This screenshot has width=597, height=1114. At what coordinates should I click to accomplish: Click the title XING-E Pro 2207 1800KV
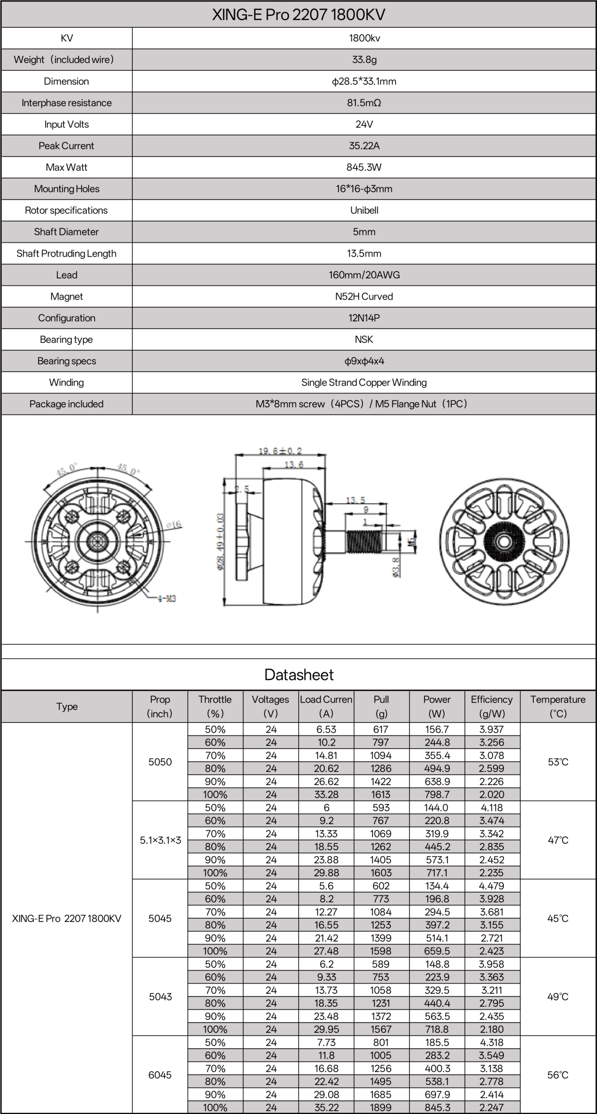coord(298,15)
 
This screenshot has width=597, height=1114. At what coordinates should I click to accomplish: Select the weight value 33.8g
coord(364,59)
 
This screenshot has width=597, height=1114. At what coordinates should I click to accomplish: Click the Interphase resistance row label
coord(66,103)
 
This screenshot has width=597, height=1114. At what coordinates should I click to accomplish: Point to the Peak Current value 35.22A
coord(364,146)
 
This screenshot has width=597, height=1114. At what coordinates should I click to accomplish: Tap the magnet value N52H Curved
coord(364,296)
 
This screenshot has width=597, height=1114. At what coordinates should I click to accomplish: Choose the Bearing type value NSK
coord(364,339)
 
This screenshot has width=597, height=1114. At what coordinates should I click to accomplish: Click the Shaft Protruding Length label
coord(66,253)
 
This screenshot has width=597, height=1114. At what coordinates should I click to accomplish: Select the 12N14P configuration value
coord(364,318)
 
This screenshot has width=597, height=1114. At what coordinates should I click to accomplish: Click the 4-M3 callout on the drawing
coord(167,598)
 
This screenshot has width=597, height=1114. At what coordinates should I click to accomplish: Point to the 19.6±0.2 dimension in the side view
coord(280,451)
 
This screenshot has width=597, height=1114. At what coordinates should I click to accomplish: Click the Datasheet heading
coord(298,675)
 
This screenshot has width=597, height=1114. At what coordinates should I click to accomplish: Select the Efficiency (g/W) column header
coord(491,706)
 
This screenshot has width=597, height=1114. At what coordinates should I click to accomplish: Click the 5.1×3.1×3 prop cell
coord(160,840)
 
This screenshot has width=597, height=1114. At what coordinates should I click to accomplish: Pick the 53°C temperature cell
coord(558,762)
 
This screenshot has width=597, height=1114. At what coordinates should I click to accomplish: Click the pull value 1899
coord(381,1107)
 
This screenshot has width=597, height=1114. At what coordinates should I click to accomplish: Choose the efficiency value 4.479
coord(491,886)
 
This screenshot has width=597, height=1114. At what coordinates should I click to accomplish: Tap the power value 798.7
coord(436,794)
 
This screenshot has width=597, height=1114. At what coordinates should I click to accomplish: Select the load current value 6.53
coord(326,729)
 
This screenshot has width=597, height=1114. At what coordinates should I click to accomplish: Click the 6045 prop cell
coord(160,1075)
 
